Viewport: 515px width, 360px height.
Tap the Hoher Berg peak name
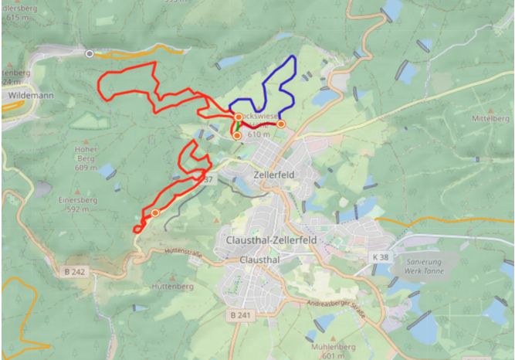point(86,157)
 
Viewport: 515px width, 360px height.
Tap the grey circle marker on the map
point(90,53)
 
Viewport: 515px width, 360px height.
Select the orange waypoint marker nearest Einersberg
point(155,212)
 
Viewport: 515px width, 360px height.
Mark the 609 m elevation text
point(86,167)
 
